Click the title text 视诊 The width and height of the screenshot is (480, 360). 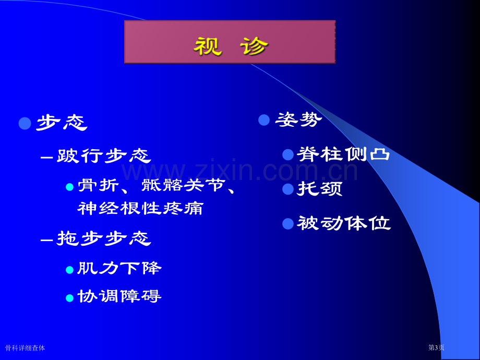point(231,46)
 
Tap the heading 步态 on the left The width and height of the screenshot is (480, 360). point(62,123)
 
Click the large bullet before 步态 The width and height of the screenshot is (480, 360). point(25,123)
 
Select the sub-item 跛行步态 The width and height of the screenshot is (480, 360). point(104,155)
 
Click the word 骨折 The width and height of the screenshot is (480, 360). point(98,185)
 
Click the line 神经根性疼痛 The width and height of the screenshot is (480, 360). point(140,209)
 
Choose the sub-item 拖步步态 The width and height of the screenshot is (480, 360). point(104,238)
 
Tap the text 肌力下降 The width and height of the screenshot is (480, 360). point(119,268)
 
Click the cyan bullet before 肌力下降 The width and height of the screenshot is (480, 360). point(70,270)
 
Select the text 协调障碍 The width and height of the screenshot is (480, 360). point(119,296)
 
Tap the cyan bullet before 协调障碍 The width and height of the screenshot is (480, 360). point(70,298)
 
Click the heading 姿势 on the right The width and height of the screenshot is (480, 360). point(299,119)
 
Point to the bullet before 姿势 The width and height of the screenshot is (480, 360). point(264,120)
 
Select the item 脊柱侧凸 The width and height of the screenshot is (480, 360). point(343,154)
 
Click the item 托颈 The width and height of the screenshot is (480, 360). point(320,188)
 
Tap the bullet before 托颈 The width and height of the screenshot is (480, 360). point(288,189)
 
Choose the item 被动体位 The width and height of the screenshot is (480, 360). point(344,223)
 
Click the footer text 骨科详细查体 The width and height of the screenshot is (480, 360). point(25,348)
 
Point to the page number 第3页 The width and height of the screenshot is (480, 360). point(436,347)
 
